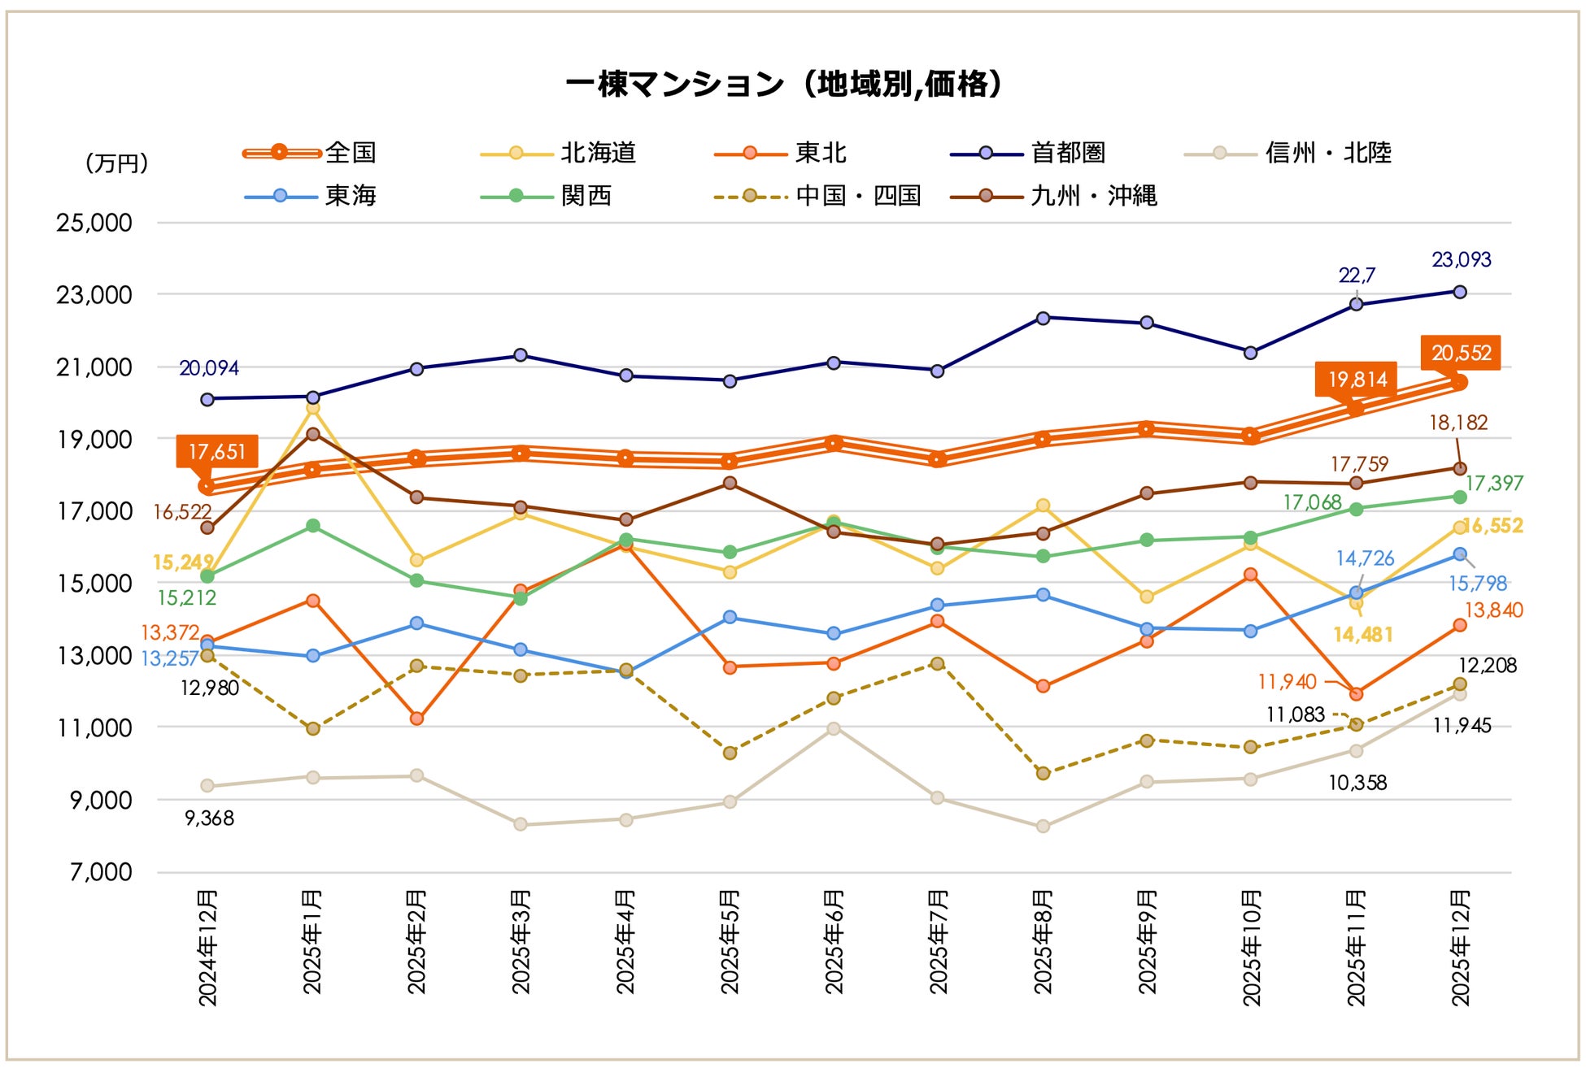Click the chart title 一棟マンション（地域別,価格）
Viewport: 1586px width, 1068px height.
tap(784, 84)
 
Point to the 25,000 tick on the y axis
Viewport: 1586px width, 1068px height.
tap(94, 223)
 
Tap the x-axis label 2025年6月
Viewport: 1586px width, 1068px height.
tap(834, 942)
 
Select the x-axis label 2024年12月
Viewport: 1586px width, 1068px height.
tap(207, 948)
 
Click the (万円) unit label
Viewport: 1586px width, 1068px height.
tap(116, 163)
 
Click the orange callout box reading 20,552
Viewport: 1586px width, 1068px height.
tap(1461, 353)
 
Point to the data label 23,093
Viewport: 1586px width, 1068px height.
tap(1461, 260)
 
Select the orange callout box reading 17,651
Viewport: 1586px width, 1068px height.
tap(216, 452)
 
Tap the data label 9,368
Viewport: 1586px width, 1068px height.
tap(210, 818)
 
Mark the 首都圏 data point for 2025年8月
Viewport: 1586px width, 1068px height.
tap(1043, 318)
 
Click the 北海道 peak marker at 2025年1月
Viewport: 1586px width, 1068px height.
tap(312, 408)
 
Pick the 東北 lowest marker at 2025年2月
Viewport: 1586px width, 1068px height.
tap(416, 719)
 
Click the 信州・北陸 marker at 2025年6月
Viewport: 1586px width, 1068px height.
tap(834, 728)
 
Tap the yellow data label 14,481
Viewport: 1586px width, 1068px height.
tap(1363, 635)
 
